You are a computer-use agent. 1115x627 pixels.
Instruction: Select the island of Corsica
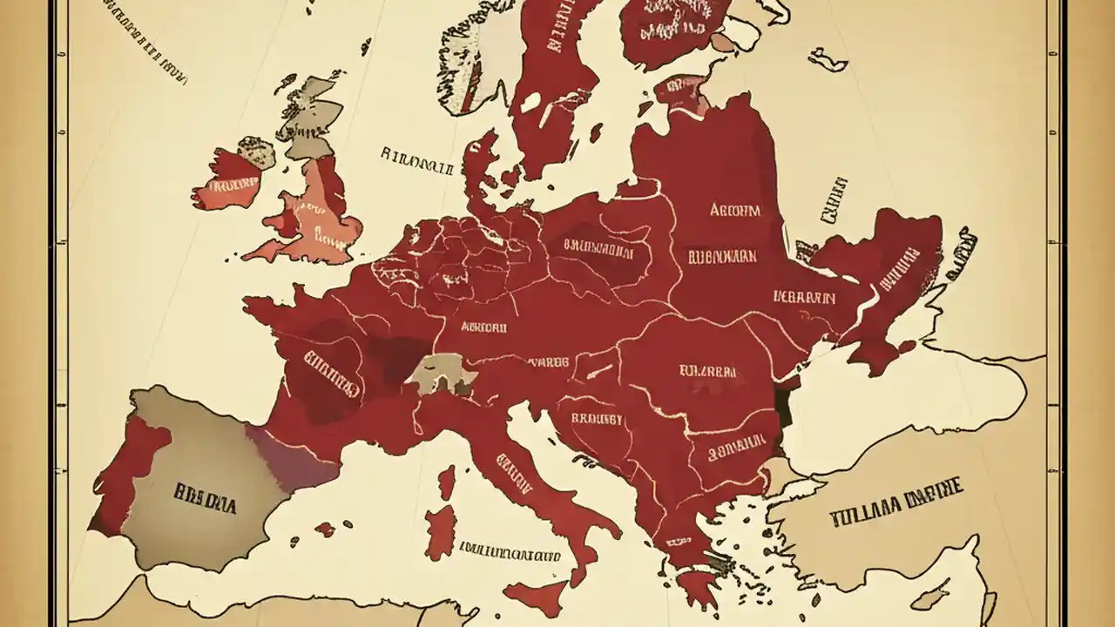click(446, 482)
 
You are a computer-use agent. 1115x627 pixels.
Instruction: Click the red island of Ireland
click(226, 182)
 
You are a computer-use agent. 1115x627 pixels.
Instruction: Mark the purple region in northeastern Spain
click(292, 457)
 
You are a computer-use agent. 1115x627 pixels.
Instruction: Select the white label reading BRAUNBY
click(597, 419)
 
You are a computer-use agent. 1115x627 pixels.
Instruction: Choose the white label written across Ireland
click(228, 185)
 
